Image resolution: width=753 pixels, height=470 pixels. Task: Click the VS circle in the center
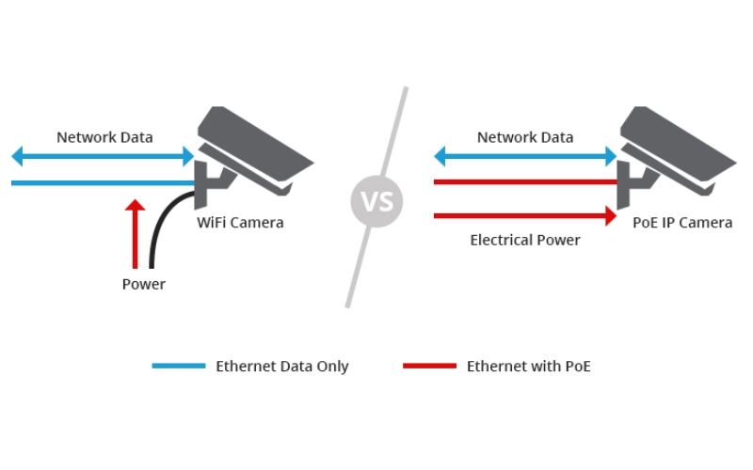pos(376,201)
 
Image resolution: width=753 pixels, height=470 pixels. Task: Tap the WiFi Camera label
pos(240,223)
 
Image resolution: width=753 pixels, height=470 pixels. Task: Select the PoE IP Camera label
pos(682,223)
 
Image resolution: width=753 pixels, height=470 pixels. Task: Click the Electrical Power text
pos(525,240)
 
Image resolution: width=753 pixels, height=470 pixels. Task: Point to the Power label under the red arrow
pos(143,284)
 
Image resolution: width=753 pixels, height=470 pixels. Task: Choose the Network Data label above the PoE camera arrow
pos(525,137)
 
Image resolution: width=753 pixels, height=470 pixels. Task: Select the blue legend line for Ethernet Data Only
pos(179,366)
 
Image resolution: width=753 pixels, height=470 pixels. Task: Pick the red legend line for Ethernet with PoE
pos(429,366)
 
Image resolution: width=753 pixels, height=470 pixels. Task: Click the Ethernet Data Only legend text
pos(282,367)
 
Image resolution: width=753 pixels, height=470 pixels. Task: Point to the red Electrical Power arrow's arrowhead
pos(610,216)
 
